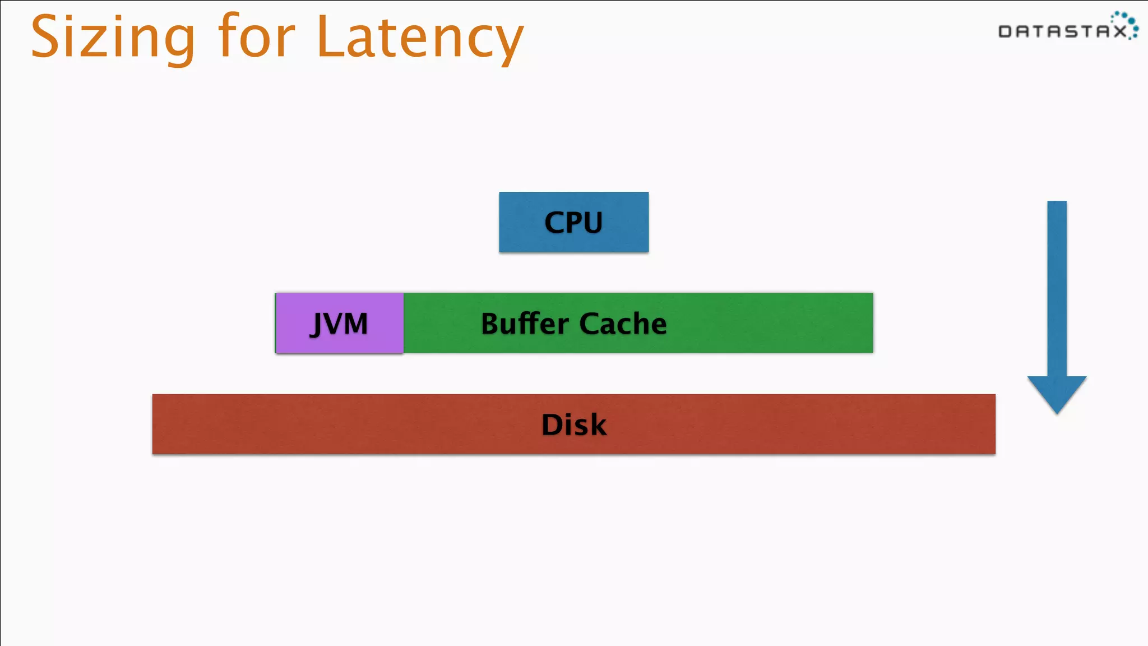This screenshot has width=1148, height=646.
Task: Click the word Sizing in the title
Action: coord(112,38)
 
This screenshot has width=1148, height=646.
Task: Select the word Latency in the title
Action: coord(419,38)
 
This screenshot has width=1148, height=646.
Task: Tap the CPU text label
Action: coord(573,223)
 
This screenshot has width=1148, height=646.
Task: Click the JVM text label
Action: coord(339,324)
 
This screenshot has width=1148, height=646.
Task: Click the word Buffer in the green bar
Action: coord(525,324)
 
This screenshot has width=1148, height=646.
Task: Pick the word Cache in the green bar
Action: coord(623,324)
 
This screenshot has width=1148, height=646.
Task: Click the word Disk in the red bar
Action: coord(573,424)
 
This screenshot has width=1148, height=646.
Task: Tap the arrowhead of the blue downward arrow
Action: coord(1057,393)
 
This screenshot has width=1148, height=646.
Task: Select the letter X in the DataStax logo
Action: coord(1119,31)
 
